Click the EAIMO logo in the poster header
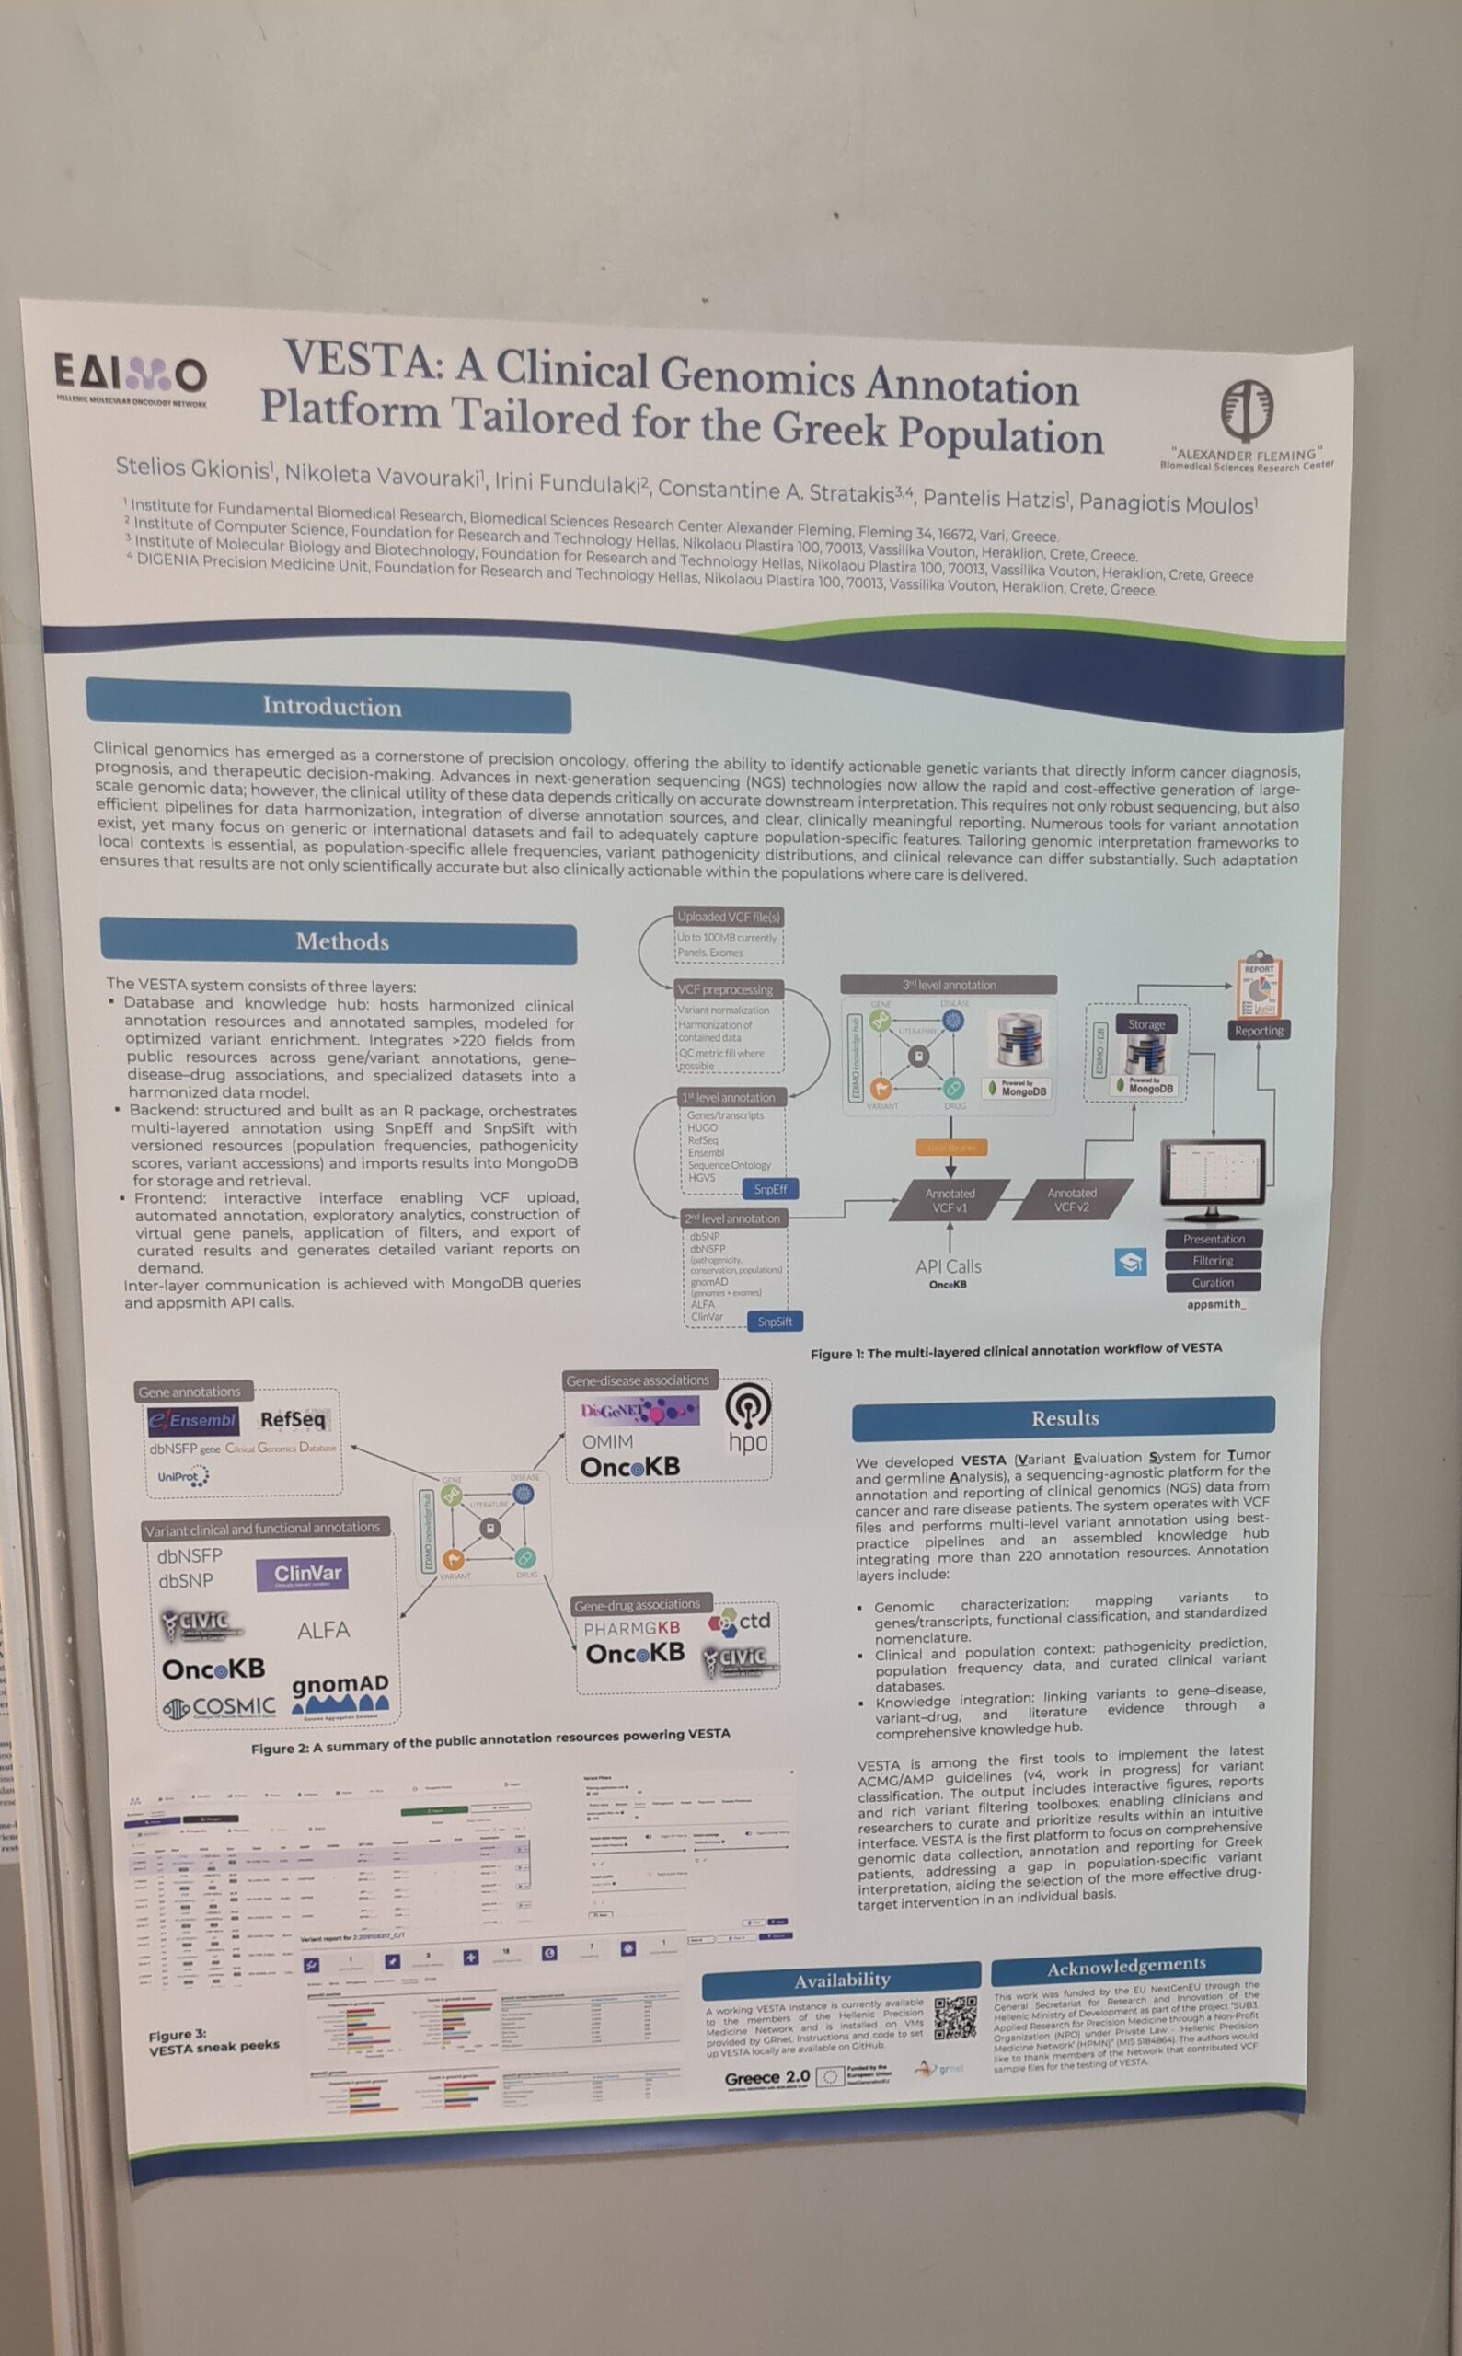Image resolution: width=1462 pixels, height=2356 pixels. (130, 377)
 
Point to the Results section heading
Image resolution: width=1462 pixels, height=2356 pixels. (1064, 1418)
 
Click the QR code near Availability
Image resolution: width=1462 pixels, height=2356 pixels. (955, 2017)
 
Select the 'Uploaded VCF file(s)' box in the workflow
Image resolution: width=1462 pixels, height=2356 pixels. (728, 917)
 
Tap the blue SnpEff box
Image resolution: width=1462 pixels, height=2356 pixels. (771, 1189)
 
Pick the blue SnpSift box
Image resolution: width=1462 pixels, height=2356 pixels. (775, 1322)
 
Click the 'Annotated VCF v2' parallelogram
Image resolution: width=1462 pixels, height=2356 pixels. (1071, 1200)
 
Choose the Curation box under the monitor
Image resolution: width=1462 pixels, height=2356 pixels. (1213, 1282)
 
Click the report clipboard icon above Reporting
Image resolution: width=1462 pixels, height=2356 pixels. (1258, 985)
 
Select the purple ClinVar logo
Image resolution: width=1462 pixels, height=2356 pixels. (302, 1575)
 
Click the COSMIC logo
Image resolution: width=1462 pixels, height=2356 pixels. (220, 1708)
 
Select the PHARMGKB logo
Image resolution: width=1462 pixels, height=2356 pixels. (631, 1629)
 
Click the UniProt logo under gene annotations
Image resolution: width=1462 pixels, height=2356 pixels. (183, 1477)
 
